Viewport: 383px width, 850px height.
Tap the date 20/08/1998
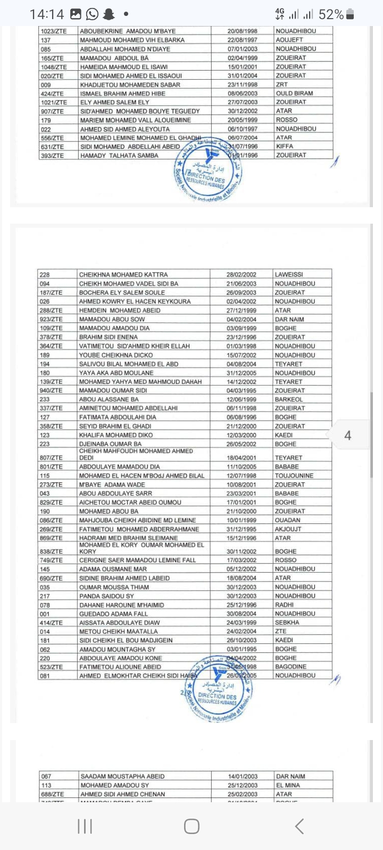pos(242,31)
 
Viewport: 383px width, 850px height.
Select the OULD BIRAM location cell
pos(294,93)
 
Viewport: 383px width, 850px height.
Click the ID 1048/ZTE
pos(54,67)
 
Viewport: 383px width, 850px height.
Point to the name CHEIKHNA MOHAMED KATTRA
pos(123,275)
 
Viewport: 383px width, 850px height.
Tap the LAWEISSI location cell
pos(289,275)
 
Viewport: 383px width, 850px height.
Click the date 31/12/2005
pos(241,373)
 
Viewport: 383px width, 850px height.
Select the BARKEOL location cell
pos(289,399)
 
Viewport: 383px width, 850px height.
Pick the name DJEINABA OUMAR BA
pos(110,444)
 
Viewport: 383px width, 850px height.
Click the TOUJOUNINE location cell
pos(294,475)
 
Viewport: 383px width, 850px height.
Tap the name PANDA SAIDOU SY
pos(106,596)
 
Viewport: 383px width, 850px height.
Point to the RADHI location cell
pos(284,605)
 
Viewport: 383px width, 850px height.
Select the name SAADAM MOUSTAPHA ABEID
pos(122,776)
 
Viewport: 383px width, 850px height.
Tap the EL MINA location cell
pos(288,785)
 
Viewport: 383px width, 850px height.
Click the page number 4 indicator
pos(347,436)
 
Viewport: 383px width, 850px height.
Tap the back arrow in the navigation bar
pos(299,826)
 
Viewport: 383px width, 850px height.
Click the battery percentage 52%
pos(331,14)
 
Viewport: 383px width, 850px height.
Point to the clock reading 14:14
pos(47,14)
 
